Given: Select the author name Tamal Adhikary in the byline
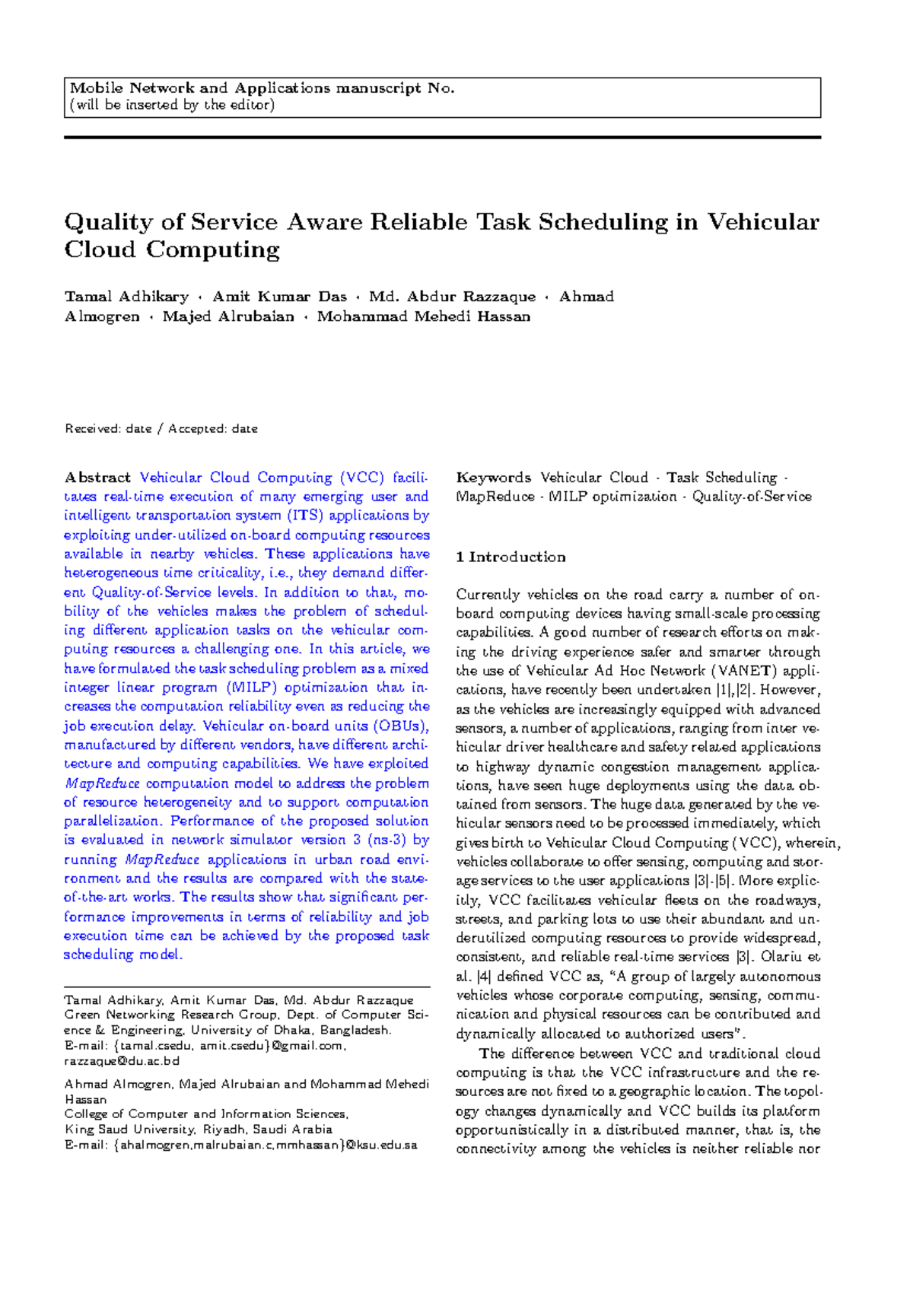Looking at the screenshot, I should tap(126, 297).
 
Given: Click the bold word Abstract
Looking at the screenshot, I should tap(97, 478).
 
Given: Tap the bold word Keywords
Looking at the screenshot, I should tap(493, 478).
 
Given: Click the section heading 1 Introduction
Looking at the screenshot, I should tap(511, 557).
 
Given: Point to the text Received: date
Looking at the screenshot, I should tap(108, 429).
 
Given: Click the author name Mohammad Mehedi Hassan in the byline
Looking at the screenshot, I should tap(423, 316).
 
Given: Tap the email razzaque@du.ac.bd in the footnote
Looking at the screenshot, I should tap(122, 1060).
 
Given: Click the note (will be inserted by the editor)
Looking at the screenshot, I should tap(172, 105).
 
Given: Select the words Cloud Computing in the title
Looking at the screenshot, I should tap(172, 249).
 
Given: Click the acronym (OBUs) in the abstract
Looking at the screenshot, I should tap(400, 726).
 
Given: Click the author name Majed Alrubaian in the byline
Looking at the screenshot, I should tap(228, 316).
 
